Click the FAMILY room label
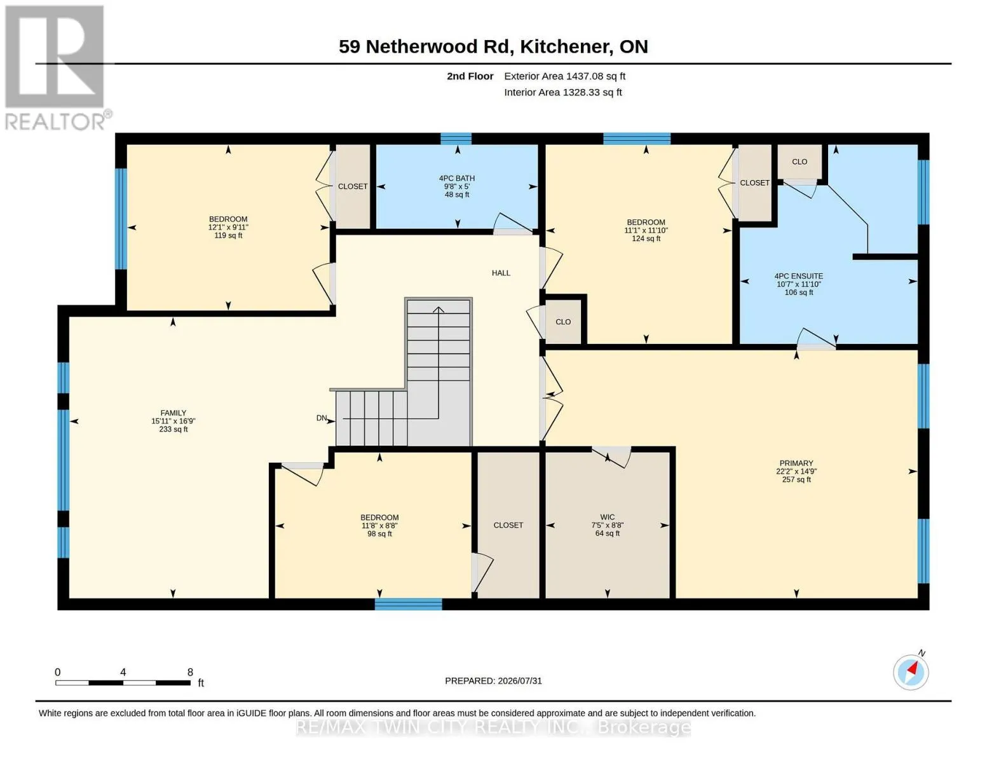pos(173,413)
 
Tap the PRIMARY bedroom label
pos(796,463)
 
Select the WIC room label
pos(608,517)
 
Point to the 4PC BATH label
pos(457,178)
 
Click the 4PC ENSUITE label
pos(798,276)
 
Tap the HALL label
pos(501,273)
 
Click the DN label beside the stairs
pos(322,418)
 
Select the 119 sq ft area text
pos(228,235)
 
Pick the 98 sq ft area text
pos(379,533)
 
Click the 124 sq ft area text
pos(646,238)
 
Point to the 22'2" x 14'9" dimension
pos(796,471)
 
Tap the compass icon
pos(911,671)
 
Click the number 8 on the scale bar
pos(190,672)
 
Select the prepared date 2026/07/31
pos(520,681)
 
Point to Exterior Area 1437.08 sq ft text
pos(564,76)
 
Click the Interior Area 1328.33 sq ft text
pos(562,92)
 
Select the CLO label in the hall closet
pos(563,322)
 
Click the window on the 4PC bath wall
pos(456,139)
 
